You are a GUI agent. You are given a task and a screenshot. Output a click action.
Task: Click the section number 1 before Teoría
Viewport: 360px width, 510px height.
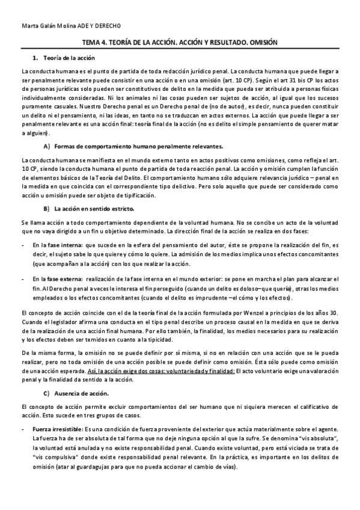coord(35,58)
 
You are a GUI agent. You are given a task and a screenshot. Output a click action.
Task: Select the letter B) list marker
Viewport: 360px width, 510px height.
coord(46,209)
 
